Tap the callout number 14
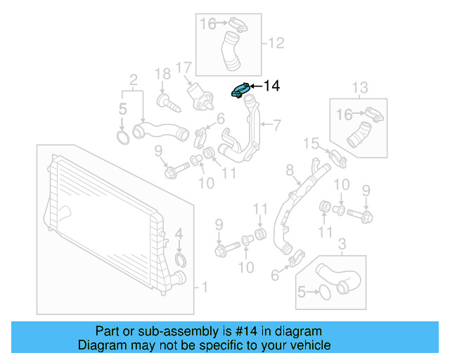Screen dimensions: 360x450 tap(271, 86)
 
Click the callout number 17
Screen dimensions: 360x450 tap(184, 68)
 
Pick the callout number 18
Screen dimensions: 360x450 tap(162, 74)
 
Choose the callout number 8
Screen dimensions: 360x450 tap(289, 170)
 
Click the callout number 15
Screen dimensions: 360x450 tap(311, 143)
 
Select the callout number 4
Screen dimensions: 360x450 tap(179, 233)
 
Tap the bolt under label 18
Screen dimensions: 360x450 tap(167, 101)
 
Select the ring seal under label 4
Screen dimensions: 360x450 tap(179, 264)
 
